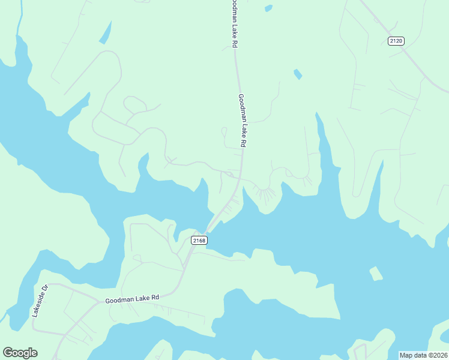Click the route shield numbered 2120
(x=396, y=41)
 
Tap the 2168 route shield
(x=199, y=241)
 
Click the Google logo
(x=20, y=353)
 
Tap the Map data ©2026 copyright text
(x=424, y=355)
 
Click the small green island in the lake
(x=376, y=274)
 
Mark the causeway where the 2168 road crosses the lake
(x=211, y=226)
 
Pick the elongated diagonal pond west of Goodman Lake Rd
(x=106, y=32)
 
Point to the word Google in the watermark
(x=20, y=353)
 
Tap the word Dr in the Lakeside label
(x=44, y=288)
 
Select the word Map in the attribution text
(x=406, y=355)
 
